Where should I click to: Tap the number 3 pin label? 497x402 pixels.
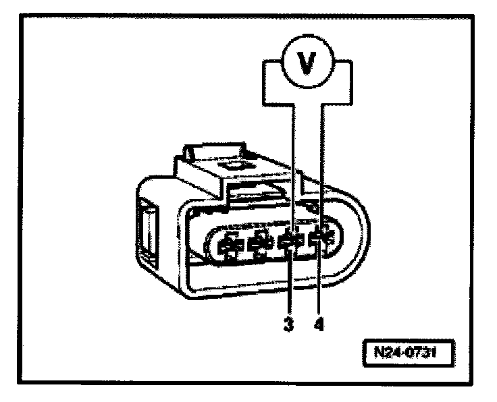point(289,324)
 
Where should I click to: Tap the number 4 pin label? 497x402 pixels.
point(319,324)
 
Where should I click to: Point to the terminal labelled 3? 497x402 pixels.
point(289,243)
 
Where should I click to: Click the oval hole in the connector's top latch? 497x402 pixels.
point(234,164)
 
